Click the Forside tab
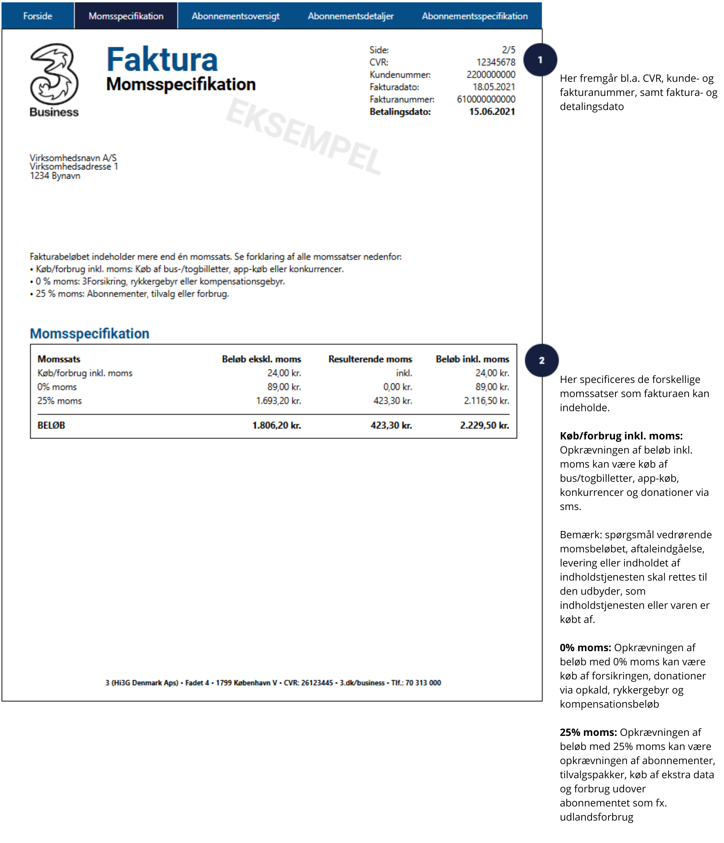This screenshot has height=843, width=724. pyautogui.click(x=37, y=16)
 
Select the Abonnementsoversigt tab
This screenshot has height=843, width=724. pyautogui.click(x=235, y=16)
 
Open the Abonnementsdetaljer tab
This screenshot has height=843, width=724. pyautogui.click(x=350, y=16)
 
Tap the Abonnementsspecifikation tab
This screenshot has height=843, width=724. pyautogui.click(x=475, y=16)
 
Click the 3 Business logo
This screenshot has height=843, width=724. pyautogui.click(x=54, y=80)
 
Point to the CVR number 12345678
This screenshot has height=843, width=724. pyautogui.click(x=495, y=62)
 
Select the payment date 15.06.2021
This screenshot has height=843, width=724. pyautogui.click(x=492, y=111)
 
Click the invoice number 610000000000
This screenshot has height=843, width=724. pyautogui.click(x=485, y=99)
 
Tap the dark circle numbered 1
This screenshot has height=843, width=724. pyautogui.click(x=540, y=60)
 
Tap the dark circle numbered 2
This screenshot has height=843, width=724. pyautogui.click(x=541, y=360)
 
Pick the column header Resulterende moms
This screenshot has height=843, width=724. pyautogui.click(x=370, y=359)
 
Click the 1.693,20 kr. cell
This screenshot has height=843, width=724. pyautogui.click(x=278, y=401)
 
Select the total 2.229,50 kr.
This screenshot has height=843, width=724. pyautogui.click(x=484, y=425)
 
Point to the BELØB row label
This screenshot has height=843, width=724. pyautogui.click(x=51, y=425)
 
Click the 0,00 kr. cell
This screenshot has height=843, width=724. pyautogui.click(x=397, y=387)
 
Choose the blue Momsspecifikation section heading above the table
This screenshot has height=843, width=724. pyautogui.click(x=89, y=333)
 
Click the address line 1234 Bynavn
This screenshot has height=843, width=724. pyautogui.click(x=55, y=176)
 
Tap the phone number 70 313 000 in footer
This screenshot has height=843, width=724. pyautogui.click(x=423, y=682)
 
